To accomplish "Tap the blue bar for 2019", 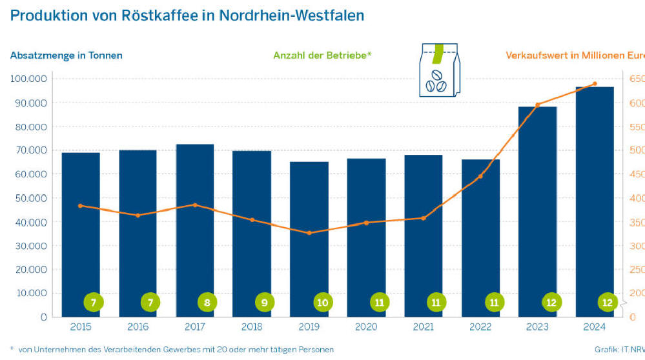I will click(x=309, y=239).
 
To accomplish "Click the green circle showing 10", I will click(x=322, y=302).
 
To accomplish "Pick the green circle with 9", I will click(x=265, y=302).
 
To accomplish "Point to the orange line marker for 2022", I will click(x=480, y=176).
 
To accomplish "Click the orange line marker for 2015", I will click(x=80, y=206).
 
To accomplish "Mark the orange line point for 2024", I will click(x=595, y=84).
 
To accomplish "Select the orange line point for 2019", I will click(x=309, y=233).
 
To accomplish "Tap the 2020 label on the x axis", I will click(x=365, y=327).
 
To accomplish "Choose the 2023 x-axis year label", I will click(x=537, y=327).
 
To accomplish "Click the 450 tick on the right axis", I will click(x=636, y=174).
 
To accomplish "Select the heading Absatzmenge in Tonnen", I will click(x=66, y=55).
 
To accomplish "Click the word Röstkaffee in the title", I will click(x=158, y=15).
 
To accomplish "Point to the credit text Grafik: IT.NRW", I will click(x=619, y=350).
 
